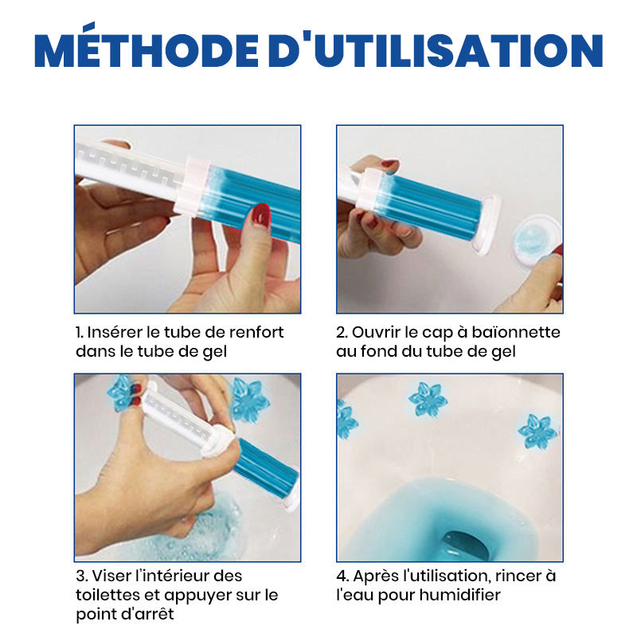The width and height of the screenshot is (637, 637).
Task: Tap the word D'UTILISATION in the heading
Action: (x=436, y=49)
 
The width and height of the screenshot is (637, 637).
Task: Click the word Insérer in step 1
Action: (x=114, y=332)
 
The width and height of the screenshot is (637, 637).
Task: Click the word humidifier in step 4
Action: (x=459, y=595)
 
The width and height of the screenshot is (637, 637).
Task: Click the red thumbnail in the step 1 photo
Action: (x=261, y=215)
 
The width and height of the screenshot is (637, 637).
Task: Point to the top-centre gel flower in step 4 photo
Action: (x=428, y=400)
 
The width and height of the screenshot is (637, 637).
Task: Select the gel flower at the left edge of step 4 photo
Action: (x=346, y=420)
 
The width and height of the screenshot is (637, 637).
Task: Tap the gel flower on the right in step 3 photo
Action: (x=248, y=400)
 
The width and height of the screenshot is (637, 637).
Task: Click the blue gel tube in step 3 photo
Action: (x=266, y=467)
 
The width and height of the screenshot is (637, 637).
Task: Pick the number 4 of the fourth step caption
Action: (x=341, y=576)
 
